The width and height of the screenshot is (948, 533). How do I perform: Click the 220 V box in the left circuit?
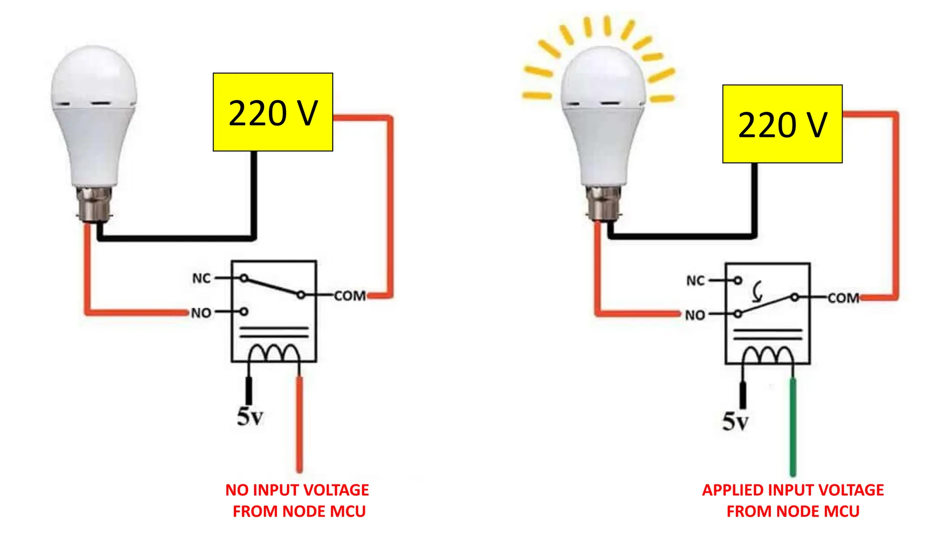click(273, 112)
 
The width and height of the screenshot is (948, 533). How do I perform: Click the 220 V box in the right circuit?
click(782, 124)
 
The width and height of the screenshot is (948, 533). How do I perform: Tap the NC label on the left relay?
click(201, 279)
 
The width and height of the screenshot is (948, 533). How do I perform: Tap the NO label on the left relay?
click(201, 313)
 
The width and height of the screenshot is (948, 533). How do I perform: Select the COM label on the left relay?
click(350, 296)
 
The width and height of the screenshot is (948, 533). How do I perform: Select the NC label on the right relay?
click(695, 281)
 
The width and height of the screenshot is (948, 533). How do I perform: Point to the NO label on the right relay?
click(695, 316)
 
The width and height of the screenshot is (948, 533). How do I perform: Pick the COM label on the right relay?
click(843, 298)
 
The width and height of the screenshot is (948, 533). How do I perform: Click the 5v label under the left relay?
click(250, 416)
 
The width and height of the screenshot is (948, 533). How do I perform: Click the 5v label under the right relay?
click(735, 421)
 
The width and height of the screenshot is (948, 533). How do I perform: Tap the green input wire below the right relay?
click(793, 426)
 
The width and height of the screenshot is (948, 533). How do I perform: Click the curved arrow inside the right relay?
click(757, 292)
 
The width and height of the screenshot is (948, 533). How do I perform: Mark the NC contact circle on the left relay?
click(244, 278)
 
